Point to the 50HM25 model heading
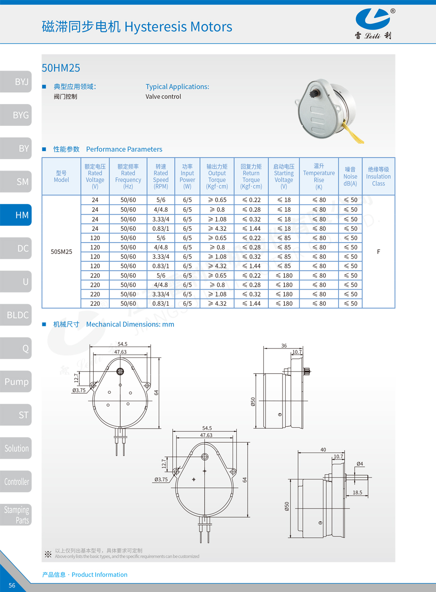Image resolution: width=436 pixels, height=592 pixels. click(x=61, y=68)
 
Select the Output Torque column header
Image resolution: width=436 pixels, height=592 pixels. click(x=217, y=177)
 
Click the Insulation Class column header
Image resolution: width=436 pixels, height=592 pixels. click(x=378, y=177)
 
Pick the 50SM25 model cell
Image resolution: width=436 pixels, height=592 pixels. click(x=61, y=251)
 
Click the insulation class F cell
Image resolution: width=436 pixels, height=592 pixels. click(x=379, y=251)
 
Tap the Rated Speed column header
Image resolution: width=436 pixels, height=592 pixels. click(x=161, y=177)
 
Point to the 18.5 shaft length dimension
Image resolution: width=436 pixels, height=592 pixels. click(x=357, y=493)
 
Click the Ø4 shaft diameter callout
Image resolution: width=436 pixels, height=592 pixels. click(x=360, y=464)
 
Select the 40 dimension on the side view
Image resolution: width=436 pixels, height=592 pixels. click(x=323, y=450)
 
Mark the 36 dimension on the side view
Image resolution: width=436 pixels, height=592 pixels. click(x=284, y=346)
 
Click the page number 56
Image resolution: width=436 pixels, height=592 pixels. click(x=12, y=585)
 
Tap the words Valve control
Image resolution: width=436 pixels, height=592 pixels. click(x=163, y=97)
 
